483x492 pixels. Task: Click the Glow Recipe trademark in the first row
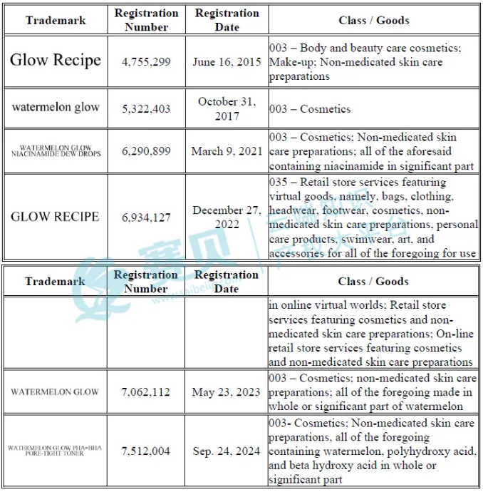coord(56,61)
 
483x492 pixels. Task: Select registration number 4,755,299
coord(147,62)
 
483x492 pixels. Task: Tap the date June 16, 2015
coord(227,62)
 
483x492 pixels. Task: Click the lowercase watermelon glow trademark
coord(56,108)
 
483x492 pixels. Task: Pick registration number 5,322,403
coord(147,108)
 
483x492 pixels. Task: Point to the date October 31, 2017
coord(227,108)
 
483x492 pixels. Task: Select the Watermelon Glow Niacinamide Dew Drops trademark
coord(56,151)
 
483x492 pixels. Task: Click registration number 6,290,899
coord(147,151)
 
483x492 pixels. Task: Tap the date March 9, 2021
coord(227,151)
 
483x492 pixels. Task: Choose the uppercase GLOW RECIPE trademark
coord(55,216)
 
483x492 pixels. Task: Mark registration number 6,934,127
coord(147,217)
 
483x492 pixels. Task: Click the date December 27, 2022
coord(227,217)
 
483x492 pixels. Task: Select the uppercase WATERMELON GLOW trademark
coord(55,392)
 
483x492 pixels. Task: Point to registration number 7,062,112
coord(147,392)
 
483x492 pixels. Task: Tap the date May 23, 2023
coord(227,392)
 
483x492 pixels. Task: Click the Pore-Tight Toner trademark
coord(55,451)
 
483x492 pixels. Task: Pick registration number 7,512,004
coord(147,451)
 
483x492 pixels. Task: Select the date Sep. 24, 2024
coord(227,451)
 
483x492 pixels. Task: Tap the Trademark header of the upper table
coord(55,20)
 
